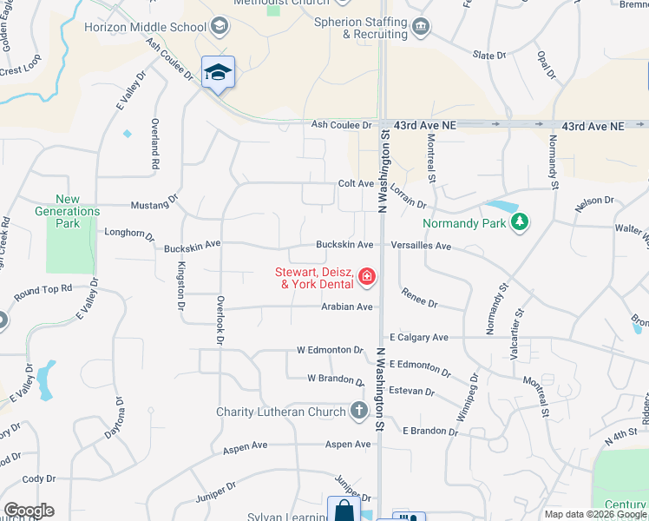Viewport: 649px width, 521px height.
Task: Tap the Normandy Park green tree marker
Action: (x=520, y=222)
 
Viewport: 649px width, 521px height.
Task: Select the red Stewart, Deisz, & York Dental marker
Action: (x=367, y=277)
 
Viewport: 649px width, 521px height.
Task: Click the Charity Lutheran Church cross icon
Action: (x=359, y=412)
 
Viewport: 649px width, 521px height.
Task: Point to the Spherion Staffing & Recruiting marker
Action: (x=421, y=27)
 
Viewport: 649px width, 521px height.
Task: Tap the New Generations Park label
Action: (x=67, y=211)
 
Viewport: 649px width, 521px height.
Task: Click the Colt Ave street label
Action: (x=356, y=184)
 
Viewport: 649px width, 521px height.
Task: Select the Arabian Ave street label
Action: (x=347, y=307)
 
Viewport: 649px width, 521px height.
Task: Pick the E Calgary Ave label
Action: (x=419, y=337)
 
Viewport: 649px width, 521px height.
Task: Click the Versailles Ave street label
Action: (x=421, y=246)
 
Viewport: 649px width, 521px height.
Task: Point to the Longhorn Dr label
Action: (x=128, y=234)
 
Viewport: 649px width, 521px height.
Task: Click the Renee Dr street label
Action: (x=420, y=299)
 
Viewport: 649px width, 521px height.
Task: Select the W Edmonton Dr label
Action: (x=330, y=350)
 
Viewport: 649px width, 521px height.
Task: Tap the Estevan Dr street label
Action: (x=412, y=391)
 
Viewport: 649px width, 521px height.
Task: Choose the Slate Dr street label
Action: (x=489, y=56)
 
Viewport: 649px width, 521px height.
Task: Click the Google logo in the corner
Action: (x=29, y=511)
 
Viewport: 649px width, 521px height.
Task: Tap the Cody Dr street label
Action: (x=39, y=478)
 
